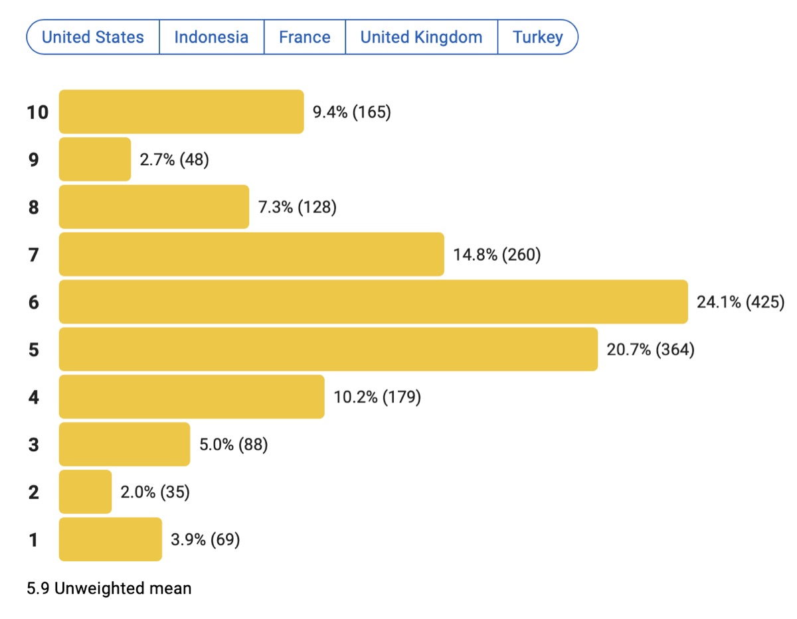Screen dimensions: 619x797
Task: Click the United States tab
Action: [93, 37]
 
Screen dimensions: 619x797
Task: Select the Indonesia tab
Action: [211, 37]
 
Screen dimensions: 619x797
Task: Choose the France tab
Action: [305, 37]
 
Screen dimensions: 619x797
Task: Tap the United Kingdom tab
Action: [421, 37]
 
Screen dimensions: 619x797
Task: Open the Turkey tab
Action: [538, 37]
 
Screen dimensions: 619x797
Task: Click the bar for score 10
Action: [181, 111]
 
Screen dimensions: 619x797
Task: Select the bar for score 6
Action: [373, 302]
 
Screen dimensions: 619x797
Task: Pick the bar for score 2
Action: [85, 492]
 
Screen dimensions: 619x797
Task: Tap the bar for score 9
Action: [95, 159]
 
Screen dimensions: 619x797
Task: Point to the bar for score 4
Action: [191, 397]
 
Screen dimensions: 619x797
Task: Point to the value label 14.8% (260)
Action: [497, 255]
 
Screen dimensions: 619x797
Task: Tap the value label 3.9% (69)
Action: [205, 540]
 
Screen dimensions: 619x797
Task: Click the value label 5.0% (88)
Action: [234, 445]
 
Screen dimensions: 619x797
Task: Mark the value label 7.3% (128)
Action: [298, 207]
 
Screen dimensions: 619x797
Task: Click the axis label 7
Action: [33, 255]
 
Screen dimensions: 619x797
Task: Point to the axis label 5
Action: [33, 350]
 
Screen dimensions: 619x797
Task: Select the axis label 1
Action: [33, 540]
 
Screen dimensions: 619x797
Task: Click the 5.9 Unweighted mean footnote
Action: [109, 588]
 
